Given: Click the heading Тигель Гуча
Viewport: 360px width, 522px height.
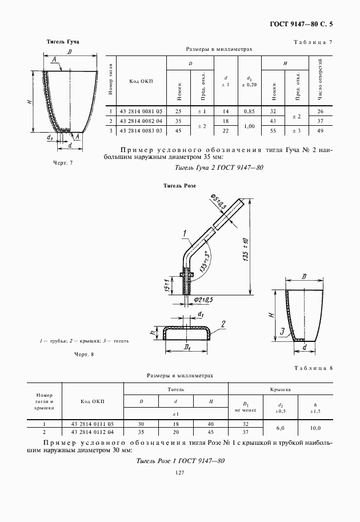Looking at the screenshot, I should (x=63, y=42).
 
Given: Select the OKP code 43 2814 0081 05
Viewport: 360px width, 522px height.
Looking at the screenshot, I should (x=141, y=111).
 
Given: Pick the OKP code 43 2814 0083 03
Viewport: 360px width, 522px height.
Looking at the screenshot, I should (x=141, y=132).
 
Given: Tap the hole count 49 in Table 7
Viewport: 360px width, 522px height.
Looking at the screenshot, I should (x=320, y=132).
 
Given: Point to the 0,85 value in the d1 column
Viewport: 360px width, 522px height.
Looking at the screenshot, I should (x=249, y=111).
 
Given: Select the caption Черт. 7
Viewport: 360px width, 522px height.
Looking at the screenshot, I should (x=63, y=163).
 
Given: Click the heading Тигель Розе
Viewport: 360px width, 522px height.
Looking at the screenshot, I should (x=179, y=186).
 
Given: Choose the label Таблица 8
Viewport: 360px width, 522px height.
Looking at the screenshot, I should (x=313, y=368).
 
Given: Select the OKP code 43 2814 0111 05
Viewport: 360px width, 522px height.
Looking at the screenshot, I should (x=93, y=424).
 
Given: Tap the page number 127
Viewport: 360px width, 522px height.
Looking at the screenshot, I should (x=179, y=472).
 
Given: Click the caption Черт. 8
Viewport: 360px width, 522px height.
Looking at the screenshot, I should (x=83, y=354).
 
